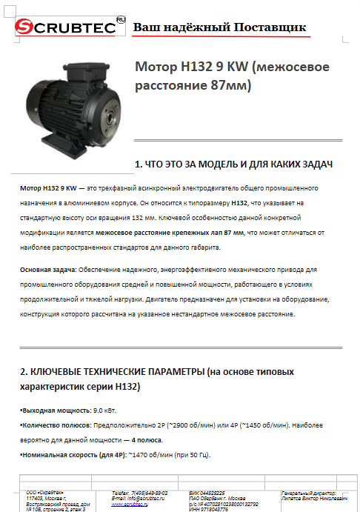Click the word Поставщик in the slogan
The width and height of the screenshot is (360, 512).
coord(270,27)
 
